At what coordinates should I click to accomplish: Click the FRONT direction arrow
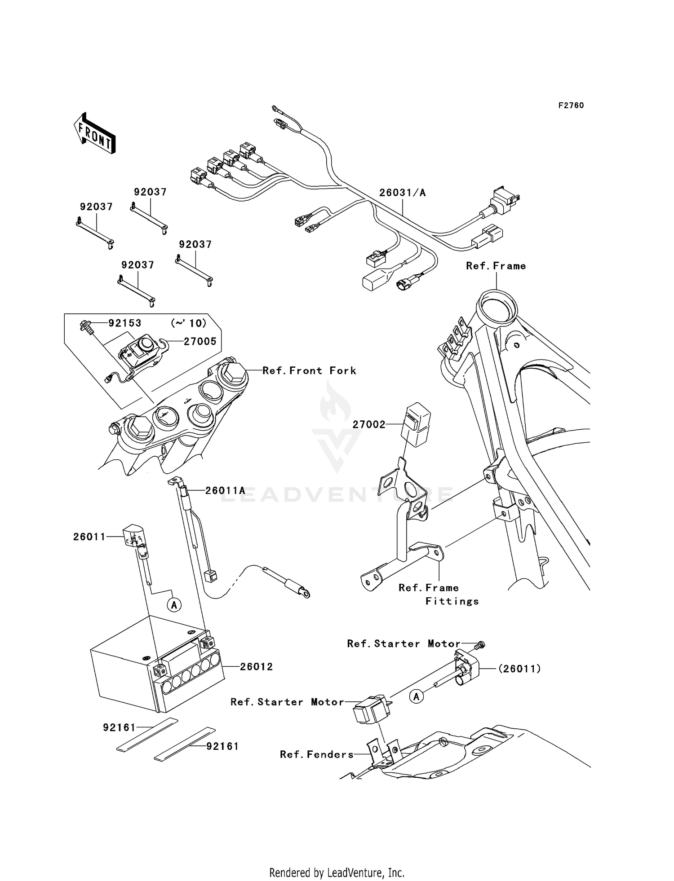coord(94,134)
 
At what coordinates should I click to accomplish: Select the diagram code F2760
coord(571,106)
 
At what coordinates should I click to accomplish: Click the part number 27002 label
coord(369,424)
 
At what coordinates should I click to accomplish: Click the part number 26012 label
coord(256,667)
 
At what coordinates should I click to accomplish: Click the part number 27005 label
coord(200,341)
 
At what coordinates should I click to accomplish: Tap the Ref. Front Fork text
coord(309,370)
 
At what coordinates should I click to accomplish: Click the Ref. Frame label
coord(496,266)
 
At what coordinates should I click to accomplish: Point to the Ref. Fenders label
coord(317,754)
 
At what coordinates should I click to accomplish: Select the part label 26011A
coord(225,491)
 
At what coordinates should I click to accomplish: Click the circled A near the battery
coord(174,605)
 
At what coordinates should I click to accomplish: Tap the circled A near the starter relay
coord(417,696)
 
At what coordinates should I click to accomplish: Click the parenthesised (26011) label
coord(519,669)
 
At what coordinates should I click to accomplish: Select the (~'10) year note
coord(189,323)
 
